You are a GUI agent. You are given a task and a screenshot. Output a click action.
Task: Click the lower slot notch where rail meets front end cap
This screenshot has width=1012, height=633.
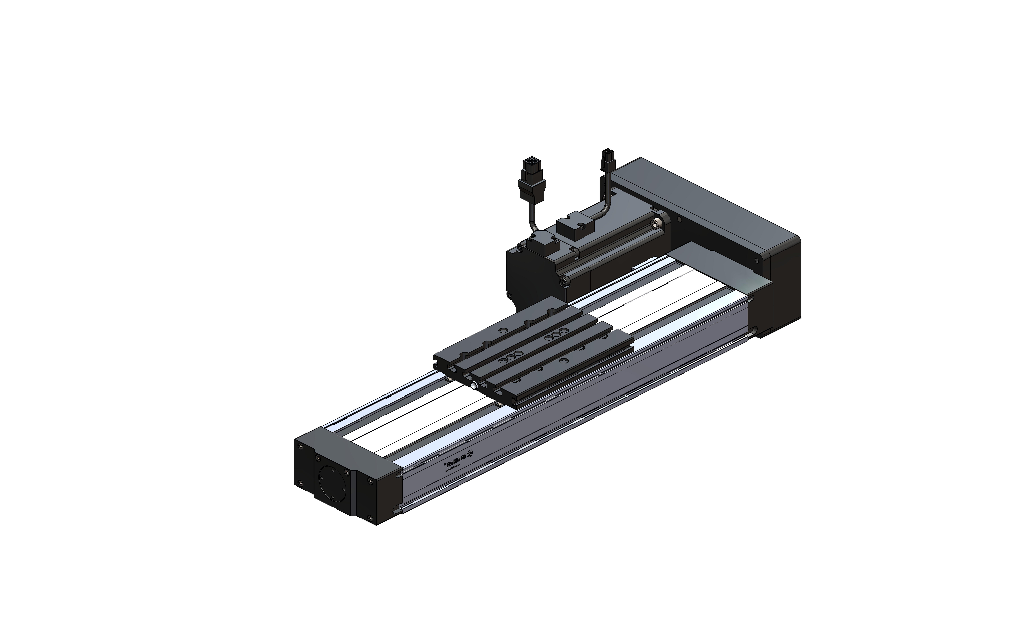point(396,510)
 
